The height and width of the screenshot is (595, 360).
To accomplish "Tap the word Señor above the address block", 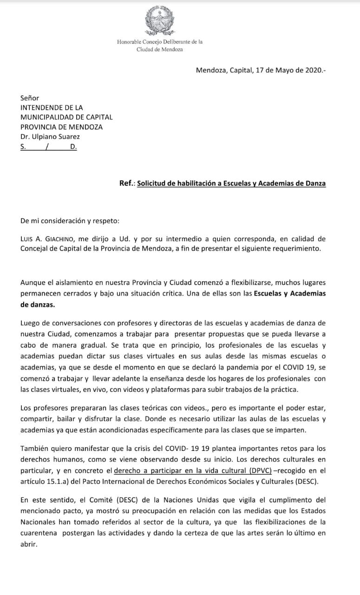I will tap(30, 98).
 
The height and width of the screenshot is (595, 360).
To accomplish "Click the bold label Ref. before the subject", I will tap(126, 183).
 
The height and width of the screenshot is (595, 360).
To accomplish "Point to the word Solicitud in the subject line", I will tap(153, 183).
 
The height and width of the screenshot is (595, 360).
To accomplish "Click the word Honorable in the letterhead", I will tap(131, 42).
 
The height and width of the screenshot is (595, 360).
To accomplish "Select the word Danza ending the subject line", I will tap(315, 183).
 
